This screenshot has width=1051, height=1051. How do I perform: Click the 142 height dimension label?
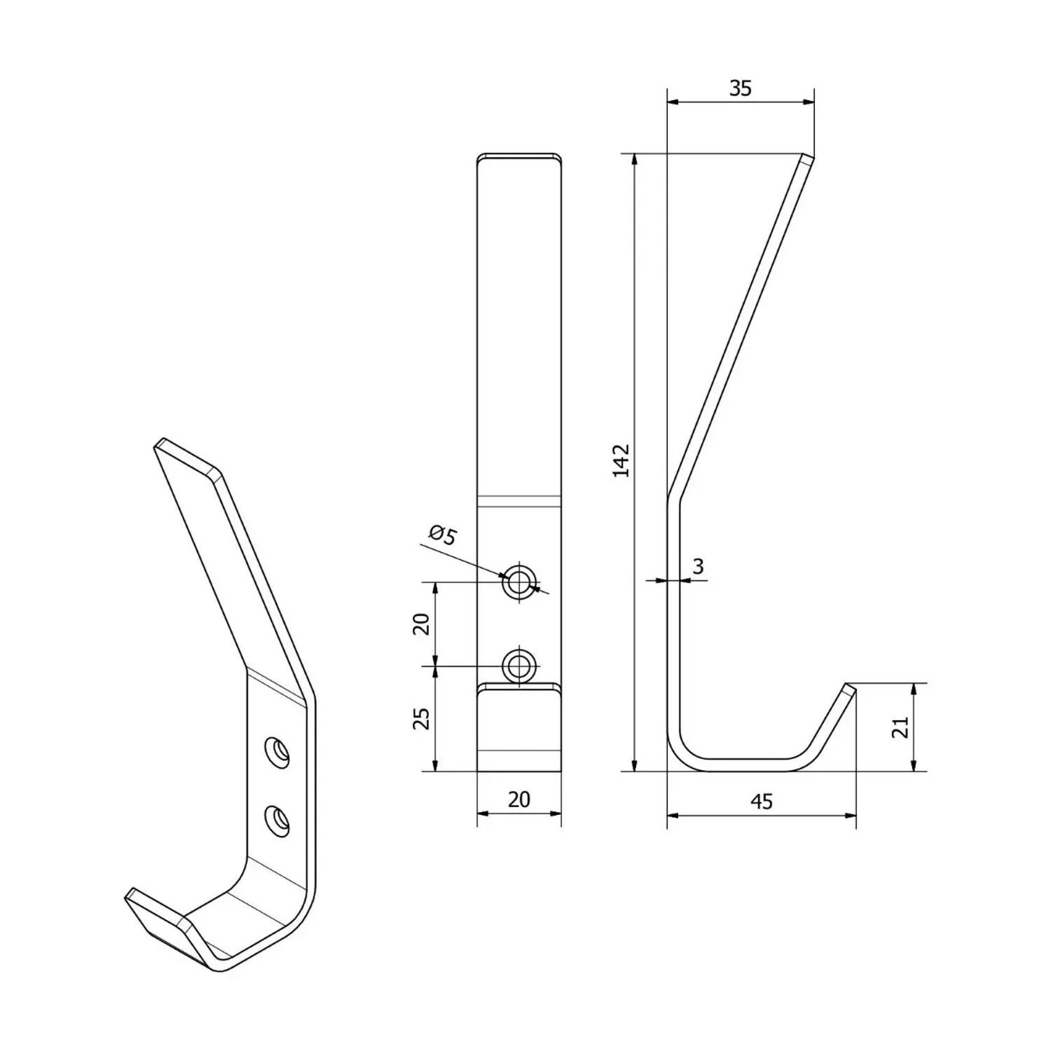[x=621, y=460]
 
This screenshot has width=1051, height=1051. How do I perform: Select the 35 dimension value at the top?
[x=741, y=88]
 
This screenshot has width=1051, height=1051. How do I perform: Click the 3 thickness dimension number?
[x=698, y=566]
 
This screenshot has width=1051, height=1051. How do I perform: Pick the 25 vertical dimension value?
[x=421, y=719]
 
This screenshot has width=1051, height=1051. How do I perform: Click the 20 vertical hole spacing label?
[x=421, y=623]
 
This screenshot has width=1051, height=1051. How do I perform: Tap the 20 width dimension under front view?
[x=518, y=799]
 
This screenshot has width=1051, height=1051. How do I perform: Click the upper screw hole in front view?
[x=519, y=582]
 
